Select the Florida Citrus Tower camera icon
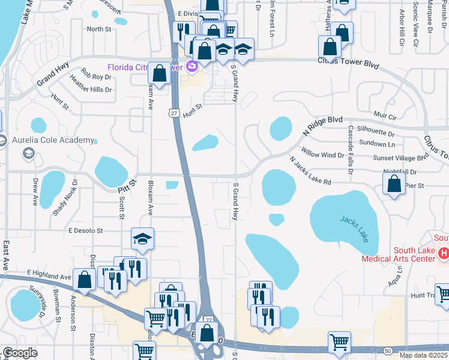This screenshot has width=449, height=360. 192,66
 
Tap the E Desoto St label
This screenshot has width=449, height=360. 86,230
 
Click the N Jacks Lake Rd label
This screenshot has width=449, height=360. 310,171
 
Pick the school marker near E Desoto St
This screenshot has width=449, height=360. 143,239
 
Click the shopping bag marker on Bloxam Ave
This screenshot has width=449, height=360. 160,74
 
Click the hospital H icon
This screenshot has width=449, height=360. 444,254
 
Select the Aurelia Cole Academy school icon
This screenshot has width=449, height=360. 28,154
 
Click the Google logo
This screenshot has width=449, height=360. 20,353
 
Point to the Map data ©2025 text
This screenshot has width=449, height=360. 423,355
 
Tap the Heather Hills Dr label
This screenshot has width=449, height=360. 91,84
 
